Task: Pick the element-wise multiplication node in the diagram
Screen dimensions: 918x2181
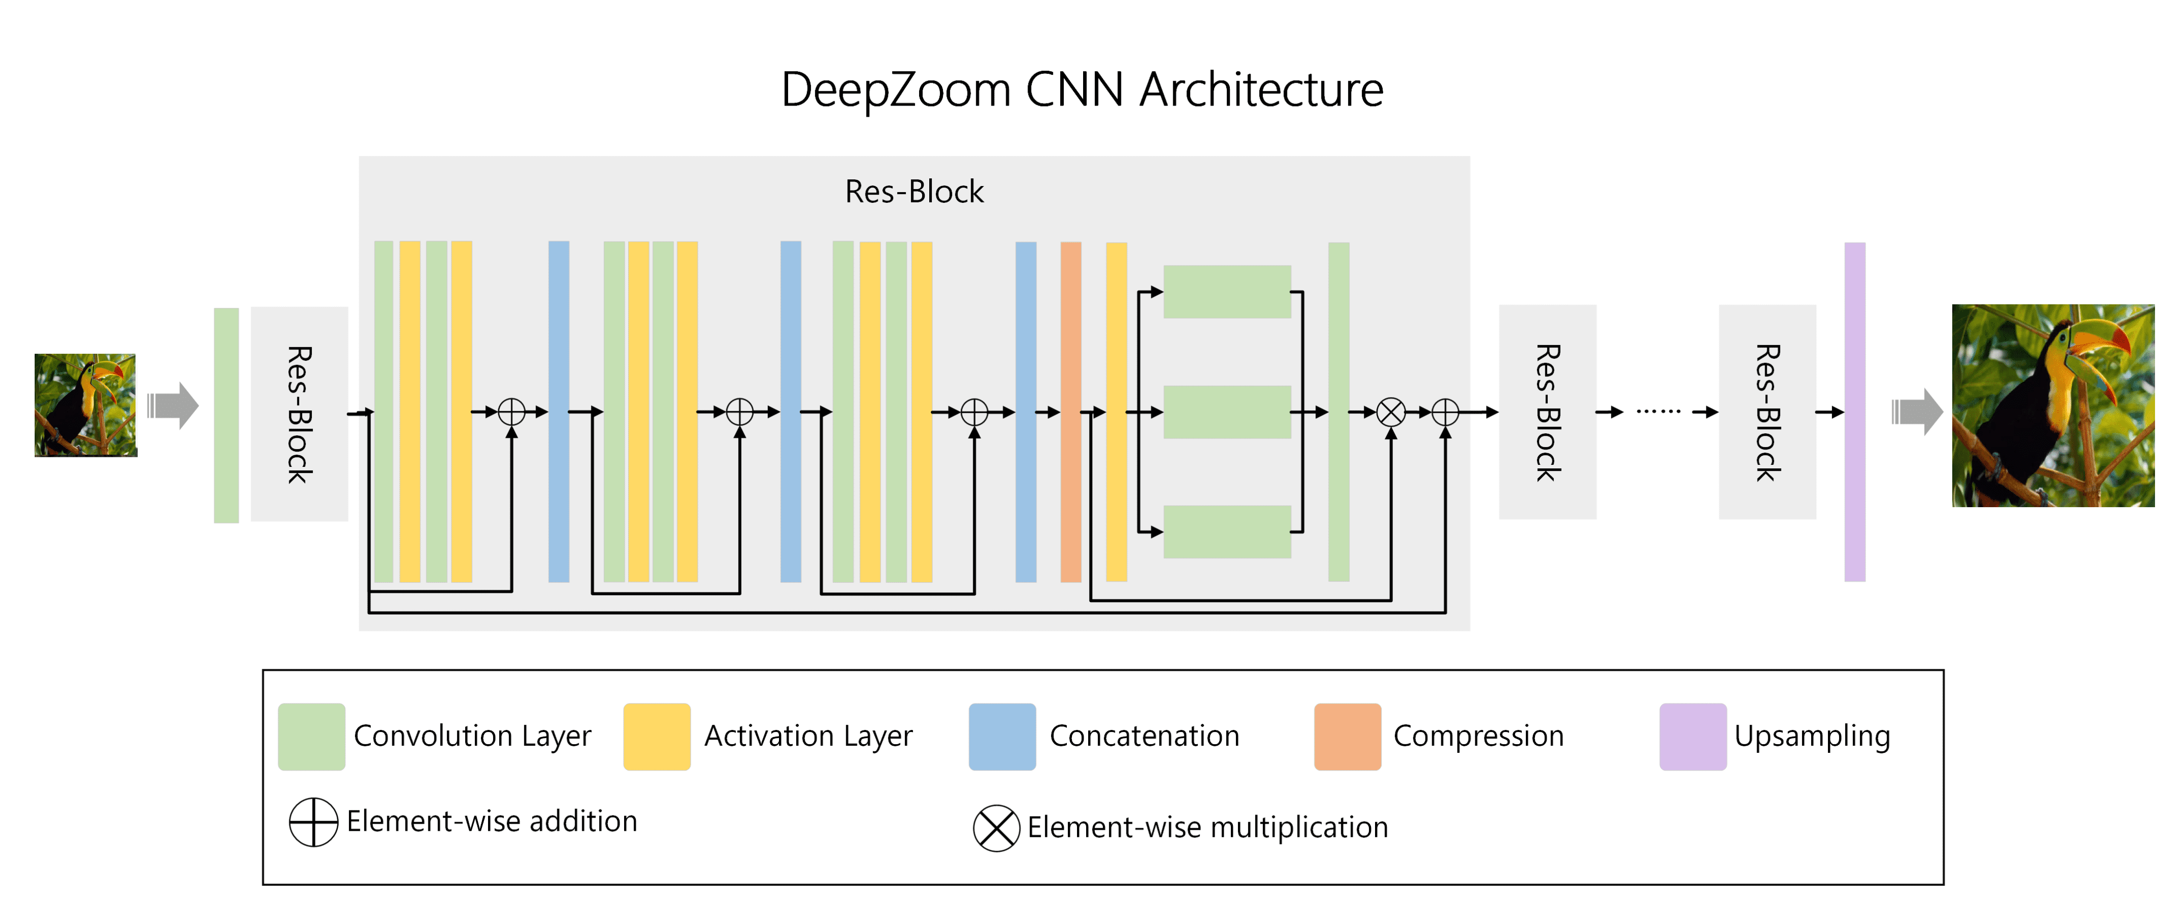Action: (1390, 412)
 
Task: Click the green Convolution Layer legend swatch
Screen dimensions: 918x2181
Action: (312, 736)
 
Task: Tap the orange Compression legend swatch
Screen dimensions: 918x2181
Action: (1347, 736)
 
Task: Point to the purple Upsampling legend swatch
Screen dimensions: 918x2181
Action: (1692, 736)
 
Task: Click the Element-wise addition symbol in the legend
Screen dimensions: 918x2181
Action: (313, 822)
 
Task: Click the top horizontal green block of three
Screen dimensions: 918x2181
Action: (1227, 292)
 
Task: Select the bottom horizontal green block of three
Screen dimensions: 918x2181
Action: (1227, 532)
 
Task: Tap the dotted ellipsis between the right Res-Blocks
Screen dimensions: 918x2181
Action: (1658, 411)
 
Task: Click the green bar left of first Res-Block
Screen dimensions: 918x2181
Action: (226, 415)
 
